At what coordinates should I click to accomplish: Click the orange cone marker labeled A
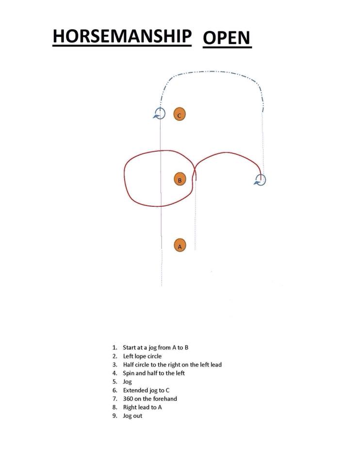pyautogui.click(x=180, y=245)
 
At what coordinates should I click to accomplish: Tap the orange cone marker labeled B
pyautogui.click(x=180, y=179)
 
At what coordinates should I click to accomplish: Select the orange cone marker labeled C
pyautogui.click(x=180, y=114)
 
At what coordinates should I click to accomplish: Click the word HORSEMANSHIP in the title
pyautogui.click(x=122, y=36)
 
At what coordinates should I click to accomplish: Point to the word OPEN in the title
pyautogui.click(x=227, y=38)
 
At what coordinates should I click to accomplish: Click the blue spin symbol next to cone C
pyautogui.click(x=159, y=114)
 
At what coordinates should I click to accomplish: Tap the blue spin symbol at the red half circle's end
pyautogui.click(x=260, y=180)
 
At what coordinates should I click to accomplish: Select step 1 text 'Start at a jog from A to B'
pyautogui.click(x=156, y=348)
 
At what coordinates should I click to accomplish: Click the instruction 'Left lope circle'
pyautogui.click(x=142, y=356)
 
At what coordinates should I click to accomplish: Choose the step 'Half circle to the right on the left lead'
pyautogui.click(x=172, y=365)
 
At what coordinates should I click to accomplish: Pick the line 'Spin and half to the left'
pyautogui.click(x=154, y=373)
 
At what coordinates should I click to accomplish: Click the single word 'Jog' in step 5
pyautogui.click(x=127, y=382)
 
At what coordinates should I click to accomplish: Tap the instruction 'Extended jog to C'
pyautogui.click(x=146, y=390)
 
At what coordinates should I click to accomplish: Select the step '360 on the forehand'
pyautogui.click(x=150, y=399)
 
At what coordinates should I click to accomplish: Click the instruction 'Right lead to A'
pyautogui.click(x=142, y=407)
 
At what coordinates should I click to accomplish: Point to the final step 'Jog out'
pyautogui.click(x=132, y=416)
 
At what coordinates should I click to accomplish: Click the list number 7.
pyautogui.click(x=115, y=399)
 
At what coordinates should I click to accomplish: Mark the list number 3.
pyautogui.click(x=115, y=365)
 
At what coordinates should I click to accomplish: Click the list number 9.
pyautogui.click(x=115, y=416)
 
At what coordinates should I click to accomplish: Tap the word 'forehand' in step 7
pyautogui.click(x=165, y=399)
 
